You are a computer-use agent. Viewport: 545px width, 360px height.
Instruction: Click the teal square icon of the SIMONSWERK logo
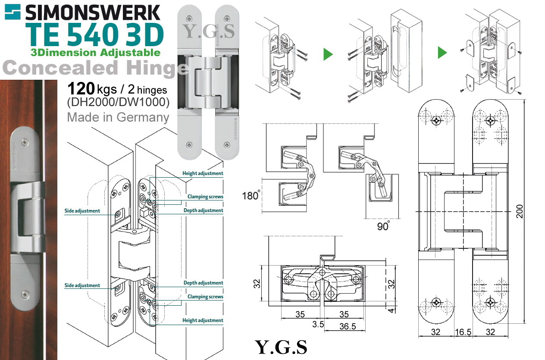[13, 12]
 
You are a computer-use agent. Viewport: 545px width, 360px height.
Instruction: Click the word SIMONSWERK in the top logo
[93, 13]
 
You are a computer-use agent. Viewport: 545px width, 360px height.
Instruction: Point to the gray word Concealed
[60, 68]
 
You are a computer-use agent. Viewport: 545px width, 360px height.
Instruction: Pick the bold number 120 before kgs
[81, 88]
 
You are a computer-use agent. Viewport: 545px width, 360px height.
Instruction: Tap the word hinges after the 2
[152, 90]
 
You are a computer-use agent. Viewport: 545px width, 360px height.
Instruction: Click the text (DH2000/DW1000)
[118, 102]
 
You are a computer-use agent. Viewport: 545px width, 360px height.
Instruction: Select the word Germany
[143, 118]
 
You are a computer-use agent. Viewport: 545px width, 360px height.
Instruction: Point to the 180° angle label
[251, 195]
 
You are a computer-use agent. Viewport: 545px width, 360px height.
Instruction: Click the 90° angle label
[383, 226]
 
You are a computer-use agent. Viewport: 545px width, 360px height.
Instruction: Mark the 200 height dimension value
[520, 211]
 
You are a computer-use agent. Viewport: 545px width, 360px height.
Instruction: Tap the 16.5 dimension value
[463, 332]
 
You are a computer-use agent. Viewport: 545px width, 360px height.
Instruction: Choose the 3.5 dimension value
[318, 324]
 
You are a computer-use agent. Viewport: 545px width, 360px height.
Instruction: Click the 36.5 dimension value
[348, 326]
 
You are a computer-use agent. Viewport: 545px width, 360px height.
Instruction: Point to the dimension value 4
[391, 310]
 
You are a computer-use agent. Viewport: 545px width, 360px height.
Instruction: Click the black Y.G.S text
[281, 347]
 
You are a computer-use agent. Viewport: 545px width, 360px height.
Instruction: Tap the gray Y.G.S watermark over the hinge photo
[209, 31]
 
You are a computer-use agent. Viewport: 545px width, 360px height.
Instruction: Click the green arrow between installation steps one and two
[328, 54]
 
